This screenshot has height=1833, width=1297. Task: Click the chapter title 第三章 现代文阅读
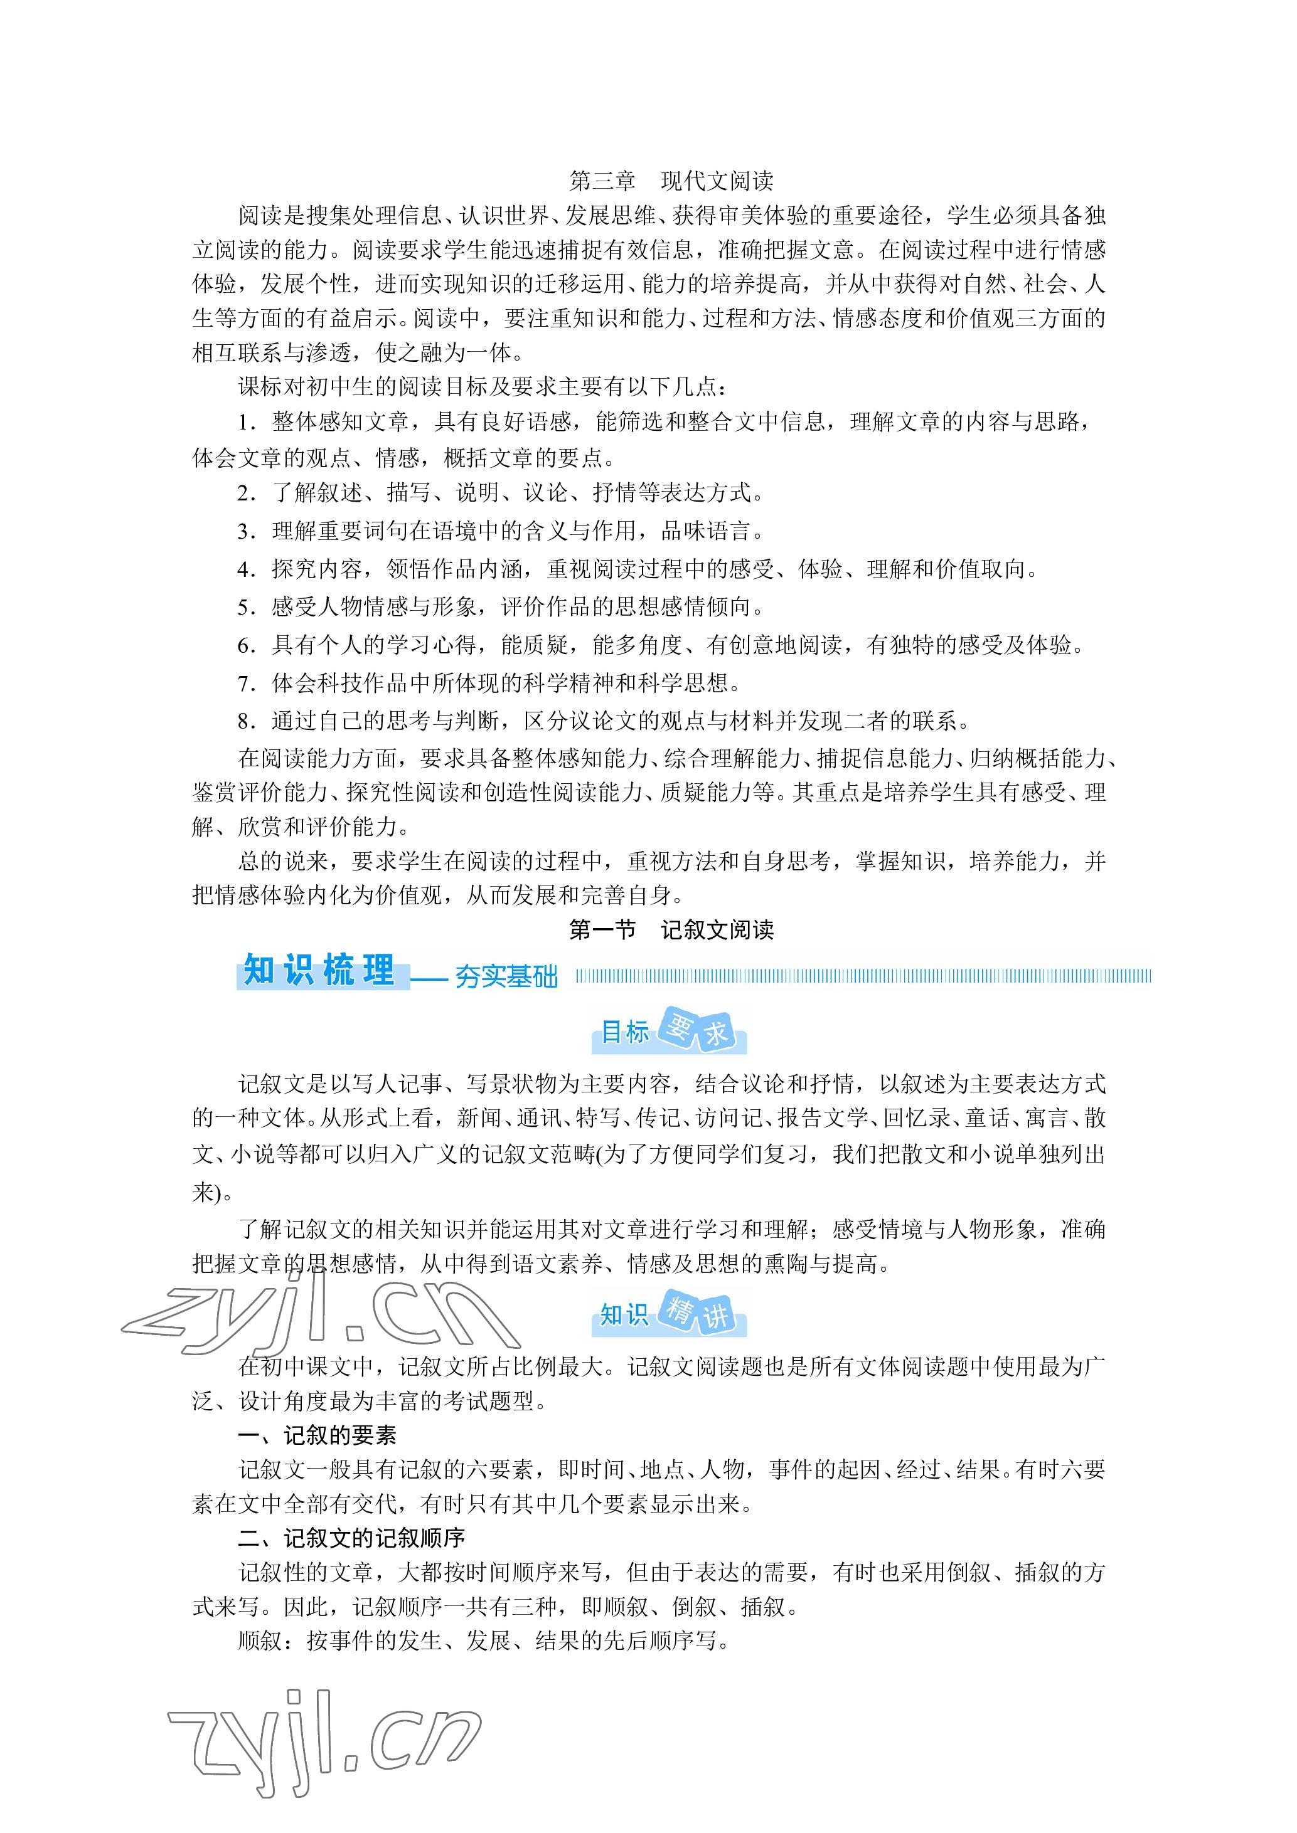(671, 181)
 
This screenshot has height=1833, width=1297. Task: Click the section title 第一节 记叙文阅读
(671, 929)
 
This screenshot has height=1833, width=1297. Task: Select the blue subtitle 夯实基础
(506, 976)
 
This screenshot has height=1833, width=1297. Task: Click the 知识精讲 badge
(670, 1314)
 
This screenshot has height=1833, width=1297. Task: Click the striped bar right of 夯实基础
(863, 976)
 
